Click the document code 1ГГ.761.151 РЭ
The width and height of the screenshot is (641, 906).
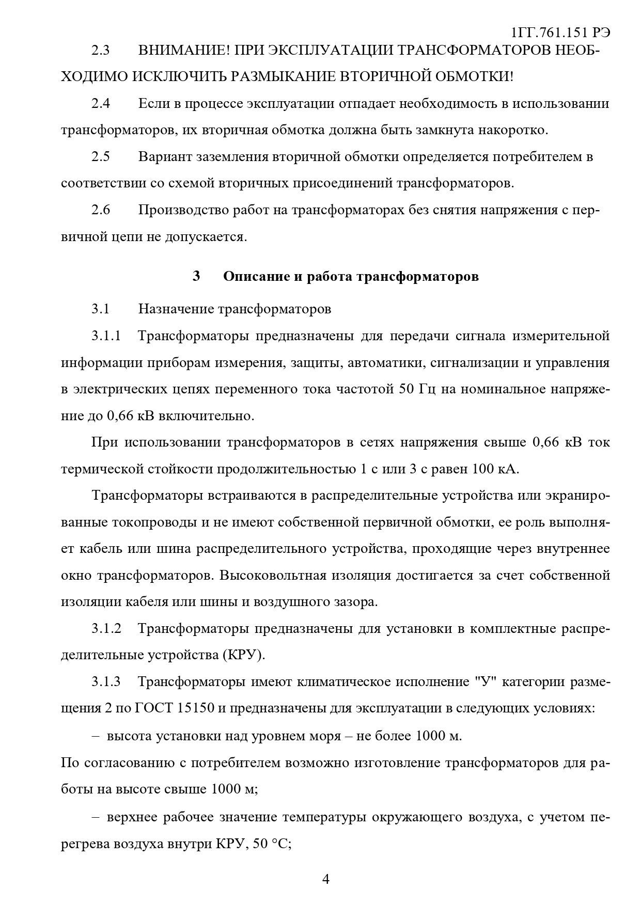560,33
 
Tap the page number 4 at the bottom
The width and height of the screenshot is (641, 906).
325,879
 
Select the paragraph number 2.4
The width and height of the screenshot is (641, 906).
101,104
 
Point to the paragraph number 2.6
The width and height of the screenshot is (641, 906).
101,210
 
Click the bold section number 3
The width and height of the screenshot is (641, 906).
196,276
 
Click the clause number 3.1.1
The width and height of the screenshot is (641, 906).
106,336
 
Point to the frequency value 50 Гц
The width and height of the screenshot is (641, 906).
417,389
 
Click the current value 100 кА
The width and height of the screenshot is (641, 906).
495,469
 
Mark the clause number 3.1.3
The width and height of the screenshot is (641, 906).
106,682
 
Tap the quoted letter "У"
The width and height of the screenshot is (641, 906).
485,682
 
